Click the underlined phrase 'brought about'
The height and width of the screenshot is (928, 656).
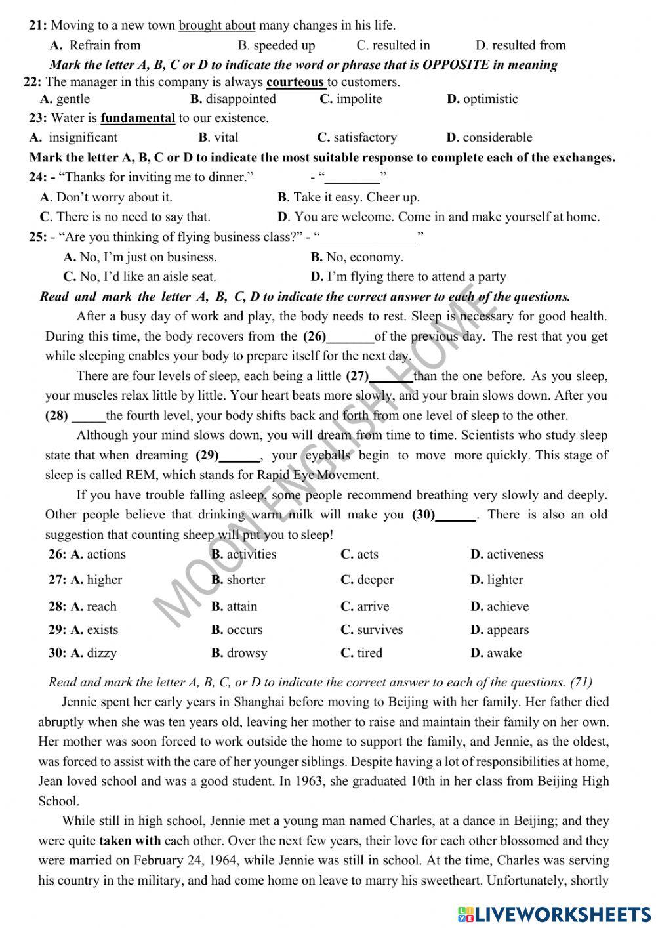point(216,26)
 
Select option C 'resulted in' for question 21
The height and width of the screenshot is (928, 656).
point(393,45)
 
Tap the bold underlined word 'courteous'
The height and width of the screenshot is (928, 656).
point(295,82)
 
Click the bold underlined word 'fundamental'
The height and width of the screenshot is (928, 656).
point(138,118)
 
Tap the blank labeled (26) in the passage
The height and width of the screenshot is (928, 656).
point(350,337)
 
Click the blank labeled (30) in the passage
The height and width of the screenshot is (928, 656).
point(456,515)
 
